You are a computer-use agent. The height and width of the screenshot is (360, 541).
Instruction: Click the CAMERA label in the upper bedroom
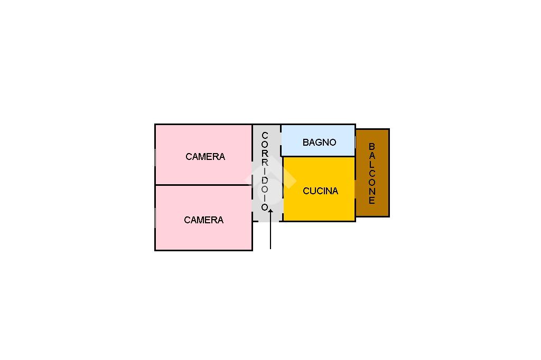click(206, 157)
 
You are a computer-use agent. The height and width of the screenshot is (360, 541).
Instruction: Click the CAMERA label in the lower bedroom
click(203, 220)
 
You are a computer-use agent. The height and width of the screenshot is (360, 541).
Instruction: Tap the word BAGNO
click(319, 142)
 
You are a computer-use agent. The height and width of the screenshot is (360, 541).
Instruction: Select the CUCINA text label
click(320, 191)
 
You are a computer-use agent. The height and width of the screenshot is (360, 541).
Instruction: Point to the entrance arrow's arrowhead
click(270, 211)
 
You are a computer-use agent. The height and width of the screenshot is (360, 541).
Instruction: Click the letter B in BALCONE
click(371, 146)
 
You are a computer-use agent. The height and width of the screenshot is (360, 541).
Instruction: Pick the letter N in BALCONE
click(371, 191)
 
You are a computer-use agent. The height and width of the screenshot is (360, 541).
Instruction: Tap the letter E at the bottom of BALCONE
click(371, 200)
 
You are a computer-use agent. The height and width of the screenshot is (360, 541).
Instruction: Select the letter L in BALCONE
click(371, 164)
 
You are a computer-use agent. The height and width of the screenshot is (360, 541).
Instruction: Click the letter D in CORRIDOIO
click(265, 180)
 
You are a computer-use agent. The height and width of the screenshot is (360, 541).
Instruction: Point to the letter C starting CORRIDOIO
click(265, 135)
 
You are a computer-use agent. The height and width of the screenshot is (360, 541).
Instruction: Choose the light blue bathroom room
click(318, 140)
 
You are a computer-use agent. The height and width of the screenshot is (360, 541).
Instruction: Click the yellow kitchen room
click(319, 189)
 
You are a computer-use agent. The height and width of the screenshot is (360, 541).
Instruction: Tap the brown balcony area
click(372, 173)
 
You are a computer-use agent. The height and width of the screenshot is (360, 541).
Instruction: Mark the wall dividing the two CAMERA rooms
click(203, 185)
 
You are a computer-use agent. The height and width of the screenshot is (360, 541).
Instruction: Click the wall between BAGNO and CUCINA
click(319, 157)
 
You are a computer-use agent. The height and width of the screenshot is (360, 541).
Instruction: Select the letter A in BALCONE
click(371, 155)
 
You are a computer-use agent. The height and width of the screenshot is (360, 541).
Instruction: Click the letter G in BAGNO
click(319, 142)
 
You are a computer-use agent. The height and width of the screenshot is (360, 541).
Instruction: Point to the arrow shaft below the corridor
click(270, 231)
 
